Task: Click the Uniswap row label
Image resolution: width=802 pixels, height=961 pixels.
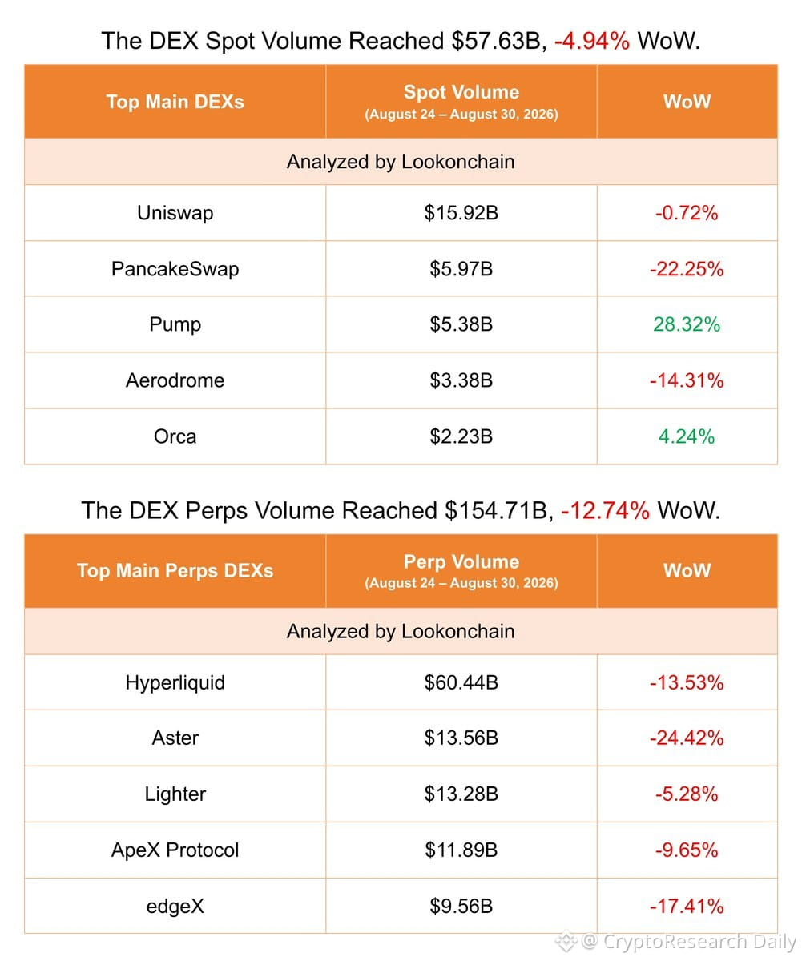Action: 175,213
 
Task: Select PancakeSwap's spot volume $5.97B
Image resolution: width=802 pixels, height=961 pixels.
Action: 461,269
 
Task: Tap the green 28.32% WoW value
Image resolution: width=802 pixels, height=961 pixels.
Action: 687,324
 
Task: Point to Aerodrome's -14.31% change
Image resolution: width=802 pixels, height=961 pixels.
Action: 687,380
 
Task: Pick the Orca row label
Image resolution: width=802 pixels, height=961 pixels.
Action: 175,436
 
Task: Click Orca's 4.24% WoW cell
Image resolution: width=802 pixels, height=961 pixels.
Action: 687,436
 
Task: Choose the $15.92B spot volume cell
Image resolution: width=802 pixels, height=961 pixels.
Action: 461,213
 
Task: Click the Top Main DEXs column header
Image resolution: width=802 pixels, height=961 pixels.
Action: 175,102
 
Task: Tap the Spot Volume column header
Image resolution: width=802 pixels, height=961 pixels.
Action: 461,92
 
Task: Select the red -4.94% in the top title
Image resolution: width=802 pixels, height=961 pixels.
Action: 591,41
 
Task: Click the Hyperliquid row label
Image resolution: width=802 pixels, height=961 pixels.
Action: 175,683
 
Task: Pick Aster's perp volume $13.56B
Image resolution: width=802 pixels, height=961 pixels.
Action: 461,738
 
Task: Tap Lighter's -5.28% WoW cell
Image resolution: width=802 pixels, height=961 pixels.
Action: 687,794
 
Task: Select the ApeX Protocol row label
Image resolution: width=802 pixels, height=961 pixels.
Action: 175,850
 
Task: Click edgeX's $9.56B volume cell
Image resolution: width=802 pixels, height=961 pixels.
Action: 461,907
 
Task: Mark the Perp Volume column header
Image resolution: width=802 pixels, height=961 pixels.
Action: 461,562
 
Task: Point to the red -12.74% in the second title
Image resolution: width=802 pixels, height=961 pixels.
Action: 605,510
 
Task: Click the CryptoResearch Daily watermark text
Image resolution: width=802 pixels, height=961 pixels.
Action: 699,942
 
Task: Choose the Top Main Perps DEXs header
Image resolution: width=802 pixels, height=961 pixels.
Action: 175,571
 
